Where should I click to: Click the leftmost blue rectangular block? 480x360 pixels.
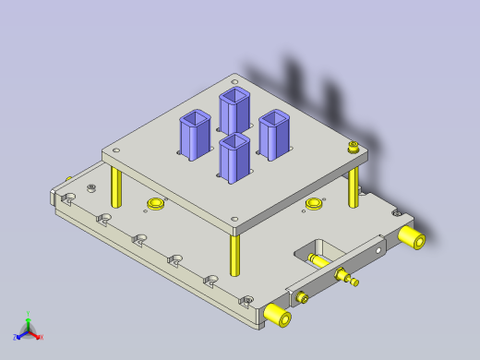point(196,135)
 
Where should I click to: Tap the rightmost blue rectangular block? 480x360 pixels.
point(275,133)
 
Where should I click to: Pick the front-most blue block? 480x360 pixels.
point(235,158)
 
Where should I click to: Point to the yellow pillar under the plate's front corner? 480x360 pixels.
point(235,253)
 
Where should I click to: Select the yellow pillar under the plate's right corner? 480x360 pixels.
point(354,188)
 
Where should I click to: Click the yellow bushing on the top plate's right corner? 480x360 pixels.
point(354,145)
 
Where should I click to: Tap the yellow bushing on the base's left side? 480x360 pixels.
point(155,203)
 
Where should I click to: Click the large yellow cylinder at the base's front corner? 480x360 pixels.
point(278,315)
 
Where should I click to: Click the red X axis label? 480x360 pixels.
point(42,337)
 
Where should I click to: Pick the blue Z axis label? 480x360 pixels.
point(16,337)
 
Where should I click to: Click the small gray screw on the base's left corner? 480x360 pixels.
point(90,187)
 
